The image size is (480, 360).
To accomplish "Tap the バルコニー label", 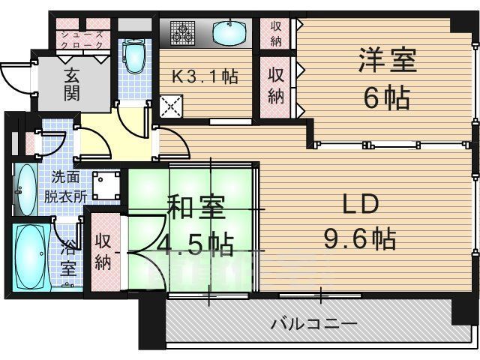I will (313, 324).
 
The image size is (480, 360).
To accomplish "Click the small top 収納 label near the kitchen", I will (276, 32).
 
